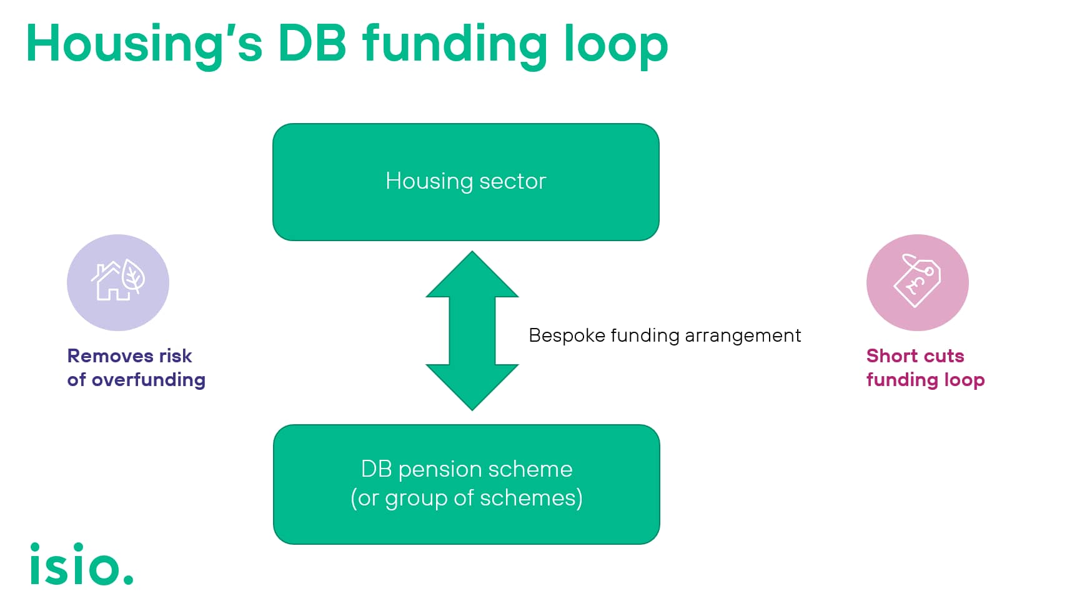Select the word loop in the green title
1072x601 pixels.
click(x=615, y=45)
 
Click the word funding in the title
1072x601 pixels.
click(x=454, y=45)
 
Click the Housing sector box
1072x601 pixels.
click(x=466, y=182)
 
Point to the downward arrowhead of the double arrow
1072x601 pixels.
click(x=472, y=387)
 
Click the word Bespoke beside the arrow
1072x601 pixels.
click(x=567, y=335)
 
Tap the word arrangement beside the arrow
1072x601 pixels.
click(x=743, y=335)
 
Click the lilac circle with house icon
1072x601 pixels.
click(x=118, y=282)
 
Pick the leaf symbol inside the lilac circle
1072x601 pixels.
click(x=133, y=276)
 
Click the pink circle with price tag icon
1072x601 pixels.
click(x=917, y=282)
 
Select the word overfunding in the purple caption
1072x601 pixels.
click(x=149, y=380)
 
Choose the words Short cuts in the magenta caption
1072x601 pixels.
click(x=915, y=356)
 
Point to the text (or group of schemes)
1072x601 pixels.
click(x=467, y=498)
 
